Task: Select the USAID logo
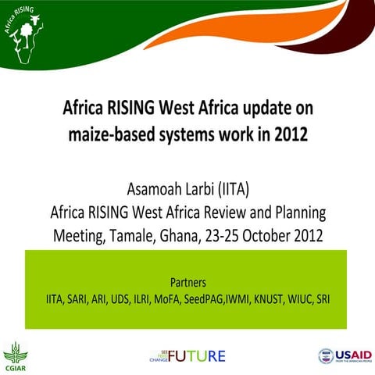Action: point(345,356)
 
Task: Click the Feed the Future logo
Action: point(187,356)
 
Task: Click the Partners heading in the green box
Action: point(187,282)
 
